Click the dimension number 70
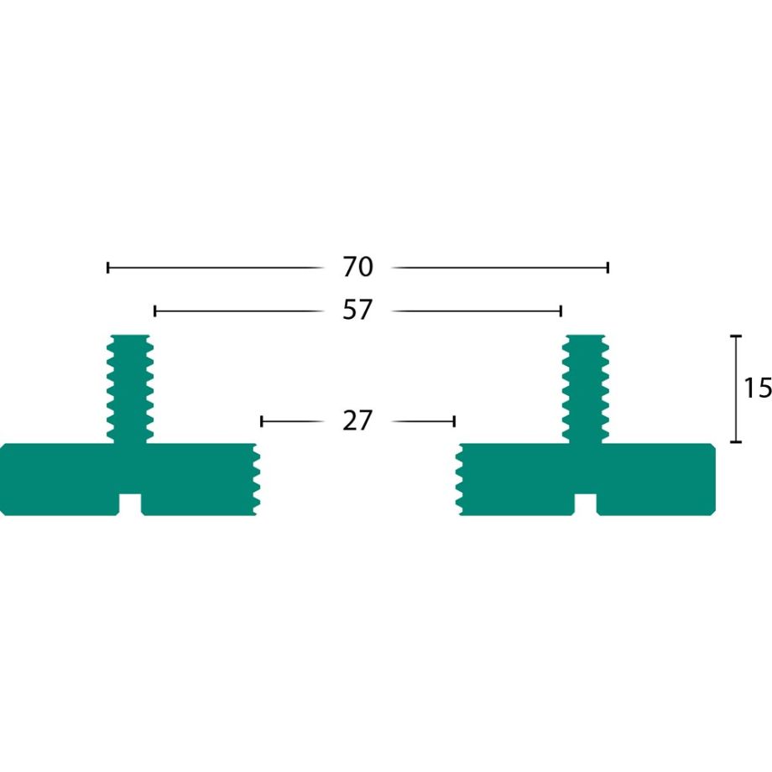[357, 268]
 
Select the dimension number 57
[357, 311]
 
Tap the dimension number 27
[357, 420]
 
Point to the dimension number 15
[757, 388]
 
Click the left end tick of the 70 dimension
[108, 268]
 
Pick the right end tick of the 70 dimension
[608, 268]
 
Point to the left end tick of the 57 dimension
[155, 311]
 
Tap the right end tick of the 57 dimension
[561, 311]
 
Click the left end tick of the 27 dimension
[262, 420]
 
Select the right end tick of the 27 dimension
[454, 420]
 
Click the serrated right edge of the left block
[256, 478]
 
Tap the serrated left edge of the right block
[460, 478]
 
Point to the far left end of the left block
[3, 478]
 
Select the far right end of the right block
[712, 478]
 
